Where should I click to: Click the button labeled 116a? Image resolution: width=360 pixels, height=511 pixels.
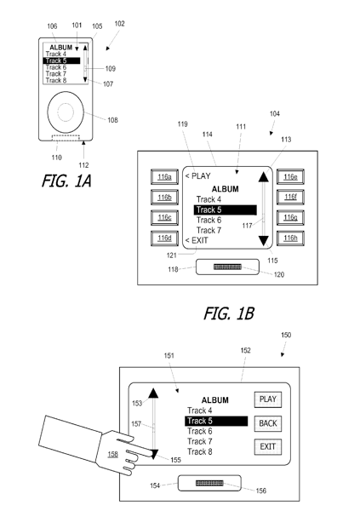164,177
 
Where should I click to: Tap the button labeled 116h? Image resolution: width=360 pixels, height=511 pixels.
290,238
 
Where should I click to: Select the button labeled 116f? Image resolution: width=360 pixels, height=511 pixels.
290,198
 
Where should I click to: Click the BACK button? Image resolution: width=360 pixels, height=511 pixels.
268,423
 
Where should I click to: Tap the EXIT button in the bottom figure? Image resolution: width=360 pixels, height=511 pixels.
268,447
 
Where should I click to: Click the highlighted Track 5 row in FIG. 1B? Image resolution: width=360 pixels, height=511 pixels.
226,210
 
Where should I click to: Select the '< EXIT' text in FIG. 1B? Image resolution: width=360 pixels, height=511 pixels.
197,240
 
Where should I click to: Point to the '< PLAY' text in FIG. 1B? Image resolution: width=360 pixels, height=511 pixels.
198,176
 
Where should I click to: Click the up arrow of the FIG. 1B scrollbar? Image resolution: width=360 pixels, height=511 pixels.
263,177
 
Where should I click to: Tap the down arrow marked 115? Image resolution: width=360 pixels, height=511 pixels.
263,241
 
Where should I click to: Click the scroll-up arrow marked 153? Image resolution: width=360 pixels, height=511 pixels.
153,393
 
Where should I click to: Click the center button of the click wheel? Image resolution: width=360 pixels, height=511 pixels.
66,112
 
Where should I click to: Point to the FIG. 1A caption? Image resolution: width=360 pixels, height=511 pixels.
66,181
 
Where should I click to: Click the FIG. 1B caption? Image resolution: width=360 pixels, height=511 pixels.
229,313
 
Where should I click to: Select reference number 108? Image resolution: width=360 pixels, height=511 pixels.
112,120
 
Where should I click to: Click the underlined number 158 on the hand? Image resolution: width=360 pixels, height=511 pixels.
112,454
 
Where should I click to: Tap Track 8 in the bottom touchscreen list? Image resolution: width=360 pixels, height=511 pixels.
200,452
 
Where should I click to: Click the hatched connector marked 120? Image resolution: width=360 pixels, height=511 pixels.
227,267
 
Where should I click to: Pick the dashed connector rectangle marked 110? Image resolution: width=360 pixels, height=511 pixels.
66,137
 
